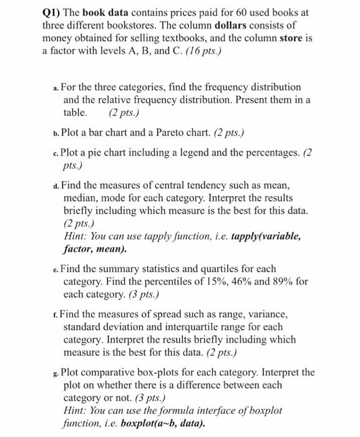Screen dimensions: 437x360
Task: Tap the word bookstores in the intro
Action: [x=138, y=26]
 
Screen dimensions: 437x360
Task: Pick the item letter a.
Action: [x=56, y=88]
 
